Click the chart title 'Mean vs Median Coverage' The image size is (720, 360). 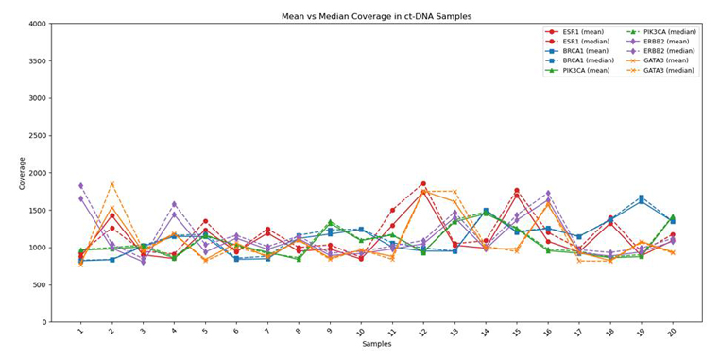377,16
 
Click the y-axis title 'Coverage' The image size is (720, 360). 23,173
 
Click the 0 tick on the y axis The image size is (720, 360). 43,322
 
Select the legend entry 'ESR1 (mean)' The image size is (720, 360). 587,31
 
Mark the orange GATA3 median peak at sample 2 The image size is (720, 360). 111,184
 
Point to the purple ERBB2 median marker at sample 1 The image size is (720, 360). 80,186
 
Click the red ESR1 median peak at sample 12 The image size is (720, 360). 423,184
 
